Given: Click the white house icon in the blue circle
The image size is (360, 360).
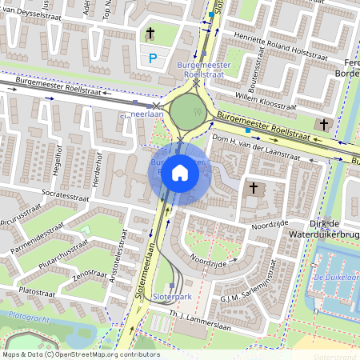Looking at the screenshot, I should (180, 173).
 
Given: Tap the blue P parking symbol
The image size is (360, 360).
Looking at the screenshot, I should (153, 57).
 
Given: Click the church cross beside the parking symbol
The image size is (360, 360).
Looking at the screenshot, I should (150, 34).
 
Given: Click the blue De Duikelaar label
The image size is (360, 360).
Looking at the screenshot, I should (337, 278).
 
